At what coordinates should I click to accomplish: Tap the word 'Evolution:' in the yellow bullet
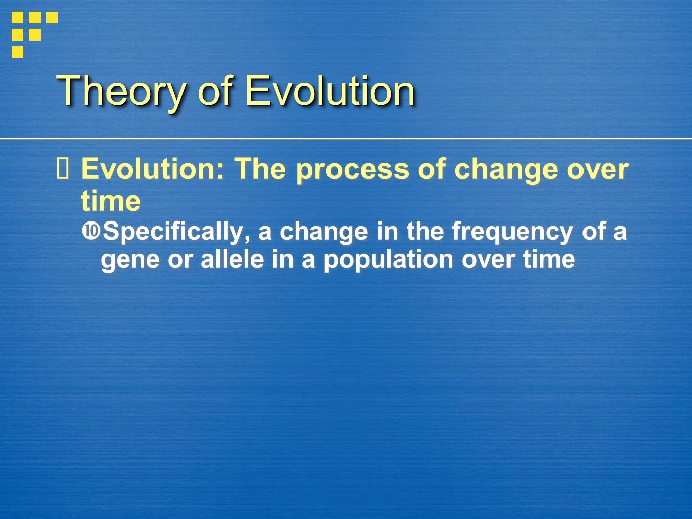point(153,169)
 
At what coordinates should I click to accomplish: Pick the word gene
point(130,261)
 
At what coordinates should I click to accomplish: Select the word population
point(388,261)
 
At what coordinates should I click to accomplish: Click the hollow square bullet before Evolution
point(62,169)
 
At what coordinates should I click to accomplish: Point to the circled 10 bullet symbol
point(91,231)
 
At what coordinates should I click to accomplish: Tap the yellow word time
point(111,201)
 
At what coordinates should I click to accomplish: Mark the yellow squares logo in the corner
point(34,34)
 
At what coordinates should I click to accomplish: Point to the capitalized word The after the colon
point(261,169)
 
